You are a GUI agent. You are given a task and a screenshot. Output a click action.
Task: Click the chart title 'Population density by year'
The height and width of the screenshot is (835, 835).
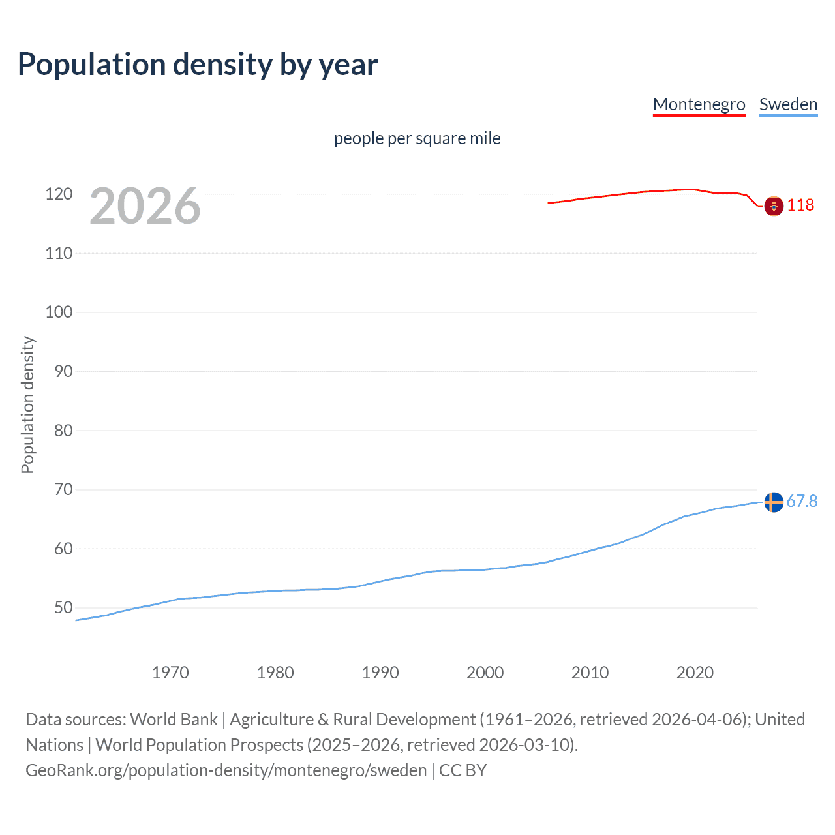coord(198,65)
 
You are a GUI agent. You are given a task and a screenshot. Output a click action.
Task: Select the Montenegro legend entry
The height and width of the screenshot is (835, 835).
coord(699,104)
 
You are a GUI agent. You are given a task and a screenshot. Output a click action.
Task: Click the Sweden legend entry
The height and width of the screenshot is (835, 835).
coord(788,104)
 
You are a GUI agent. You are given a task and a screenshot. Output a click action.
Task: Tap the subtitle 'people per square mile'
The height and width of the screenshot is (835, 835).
coord(417,138)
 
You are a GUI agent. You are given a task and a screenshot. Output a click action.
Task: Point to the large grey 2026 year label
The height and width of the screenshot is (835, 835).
coord(145,206)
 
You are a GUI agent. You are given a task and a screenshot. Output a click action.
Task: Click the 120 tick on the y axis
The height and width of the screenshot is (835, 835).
coord(59,194)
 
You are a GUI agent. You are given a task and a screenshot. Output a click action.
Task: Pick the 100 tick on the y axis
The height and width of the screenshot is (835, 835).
coord(59,312)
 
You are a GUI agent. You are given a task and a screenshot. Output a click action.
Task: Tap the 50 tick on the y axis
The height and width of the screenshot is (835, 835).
coord(63,607)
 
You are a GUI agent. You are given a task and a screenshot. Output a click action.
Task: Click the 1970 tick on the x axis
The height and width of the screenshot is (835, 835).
coord(170,673)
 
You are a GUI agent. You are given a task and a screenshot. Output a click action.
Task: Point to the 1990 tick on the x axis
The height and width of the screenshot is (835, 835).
coord(380,673)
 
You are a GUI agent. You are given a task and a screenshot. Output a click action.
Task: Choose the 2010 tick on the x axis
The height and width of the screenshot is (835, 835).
coord(590,673)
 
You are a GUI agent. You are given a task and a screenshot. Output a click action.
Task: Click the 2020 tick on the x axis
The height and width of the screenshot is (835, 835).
coord(695,673)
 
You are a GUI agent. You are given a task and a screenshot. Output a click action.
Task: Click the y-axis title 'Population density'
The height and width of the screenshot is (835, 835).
coord(27,404)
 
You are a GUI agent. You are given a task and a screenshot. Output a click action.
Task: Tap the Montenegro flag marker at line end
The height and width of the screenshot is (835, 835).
coord(774,206)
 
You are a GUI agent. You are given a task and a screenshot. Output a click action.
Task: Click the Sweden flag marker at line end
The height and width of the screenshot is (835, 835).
coord(774,502)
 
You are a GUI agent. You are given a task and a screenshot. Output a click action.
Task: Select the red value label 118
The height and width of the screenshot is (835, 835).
coord(800,205)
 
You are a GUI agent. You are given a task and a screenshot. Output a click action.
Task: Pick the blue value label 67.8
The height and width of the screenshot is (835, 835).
coord(802,501)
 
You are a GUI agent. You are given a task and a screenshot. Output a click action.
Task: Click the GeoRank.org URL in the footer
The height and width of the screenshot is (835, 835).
coord(226,770)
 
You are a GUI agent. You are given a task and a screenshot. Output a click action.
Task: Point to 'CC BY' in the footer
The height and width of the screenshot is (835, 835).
coord(463,770)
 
